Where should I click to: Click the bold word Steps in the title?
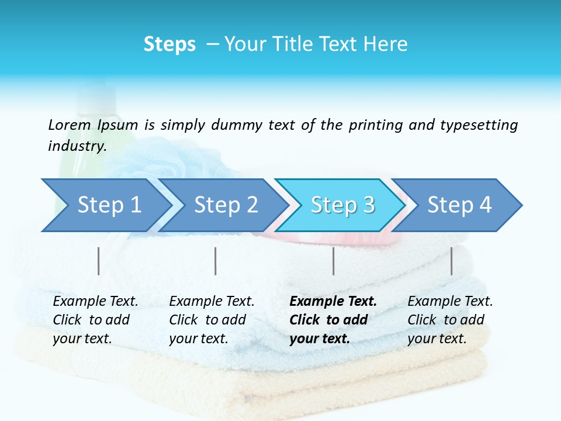point(169,44)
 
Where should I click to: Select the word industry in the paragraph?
point(77,146)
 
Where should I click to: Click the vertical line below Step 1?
point(99,261)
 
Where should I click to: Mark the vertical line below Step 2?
point(216,261)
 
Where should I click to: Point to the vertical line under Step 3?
point(334,261)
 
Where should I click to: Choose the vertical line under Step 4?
point(452,261)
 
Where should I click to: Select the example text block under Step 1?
point(95,320)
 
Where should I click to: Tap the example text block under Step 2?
point(212,320)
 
